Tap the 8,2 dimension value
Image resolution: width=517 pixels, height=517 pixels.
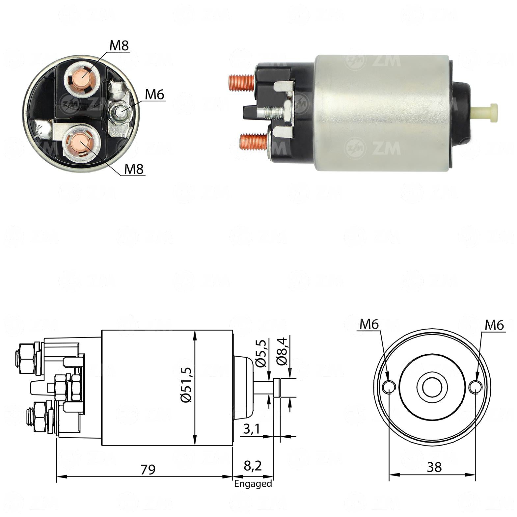pos(253,466)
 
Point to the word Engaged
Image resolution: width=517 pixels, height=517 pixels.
pos(253,483)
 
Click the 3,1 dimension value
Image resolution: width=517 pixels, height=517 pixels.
pos(252,429)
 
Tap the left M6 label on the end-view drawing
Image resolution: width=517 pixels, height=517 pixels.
pos(369,324)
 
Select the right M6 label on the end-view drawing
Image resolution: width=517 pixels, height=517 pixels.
pos(494,325)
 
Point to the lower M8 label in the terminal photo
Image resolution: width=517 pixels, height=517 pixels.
pos(134,169)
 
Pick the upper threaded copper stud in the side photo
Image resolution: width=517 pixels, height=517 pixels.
pos(241,82)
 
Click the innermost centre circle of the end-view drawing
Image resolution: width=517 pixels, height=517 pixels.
pos(432,387)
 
